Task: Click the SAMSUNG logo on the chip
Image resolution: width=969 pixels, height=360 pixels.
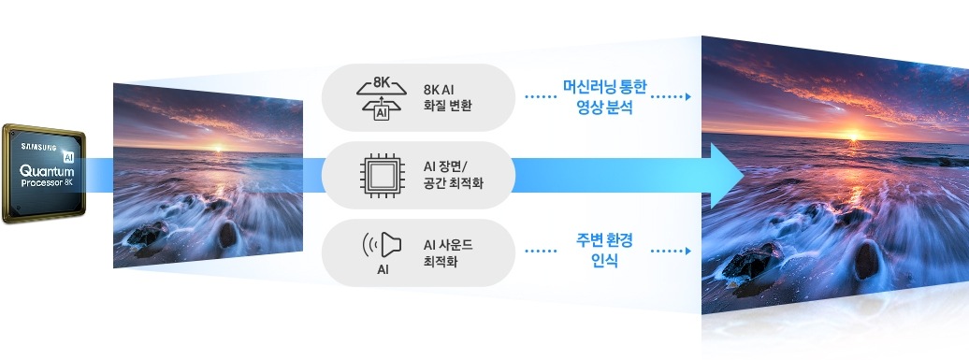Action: coord(39,147)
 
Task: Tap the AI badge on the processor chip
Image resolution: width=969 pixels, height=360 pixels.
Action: coord(68,157)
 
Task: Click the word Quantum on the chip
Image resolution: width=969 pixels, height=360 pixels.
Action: coord(47,170)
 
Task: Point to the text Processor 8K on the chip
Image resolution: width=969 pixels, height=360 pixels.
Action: coord(47,183)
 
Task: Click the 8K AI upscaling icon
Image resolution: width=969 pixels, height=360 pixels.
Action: coord(382,98)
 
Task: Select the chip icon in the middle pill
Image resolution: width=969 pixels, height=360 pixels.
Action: coord(382,176)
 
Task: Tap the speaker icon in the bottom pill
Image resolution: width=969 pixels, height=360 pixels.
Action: coord(382,245)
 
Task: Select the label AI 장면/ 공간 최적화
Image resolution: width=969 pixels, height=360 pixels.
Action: coord(453,175)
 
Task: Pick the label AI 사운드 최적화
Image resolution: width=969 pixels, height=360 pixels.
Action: coord(448,252)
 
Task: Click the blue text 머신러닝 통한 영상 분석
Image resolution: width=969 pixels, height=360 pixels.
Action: coord(604,97)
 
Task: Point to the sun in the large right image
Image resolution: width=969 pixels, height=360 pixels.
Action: coord(853,136)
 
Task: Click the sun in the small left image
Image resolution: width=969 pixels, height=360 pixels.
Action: coord(217,148)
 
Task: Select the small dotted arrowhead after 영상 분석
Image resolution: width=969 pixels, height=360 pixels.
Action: coord(687,97)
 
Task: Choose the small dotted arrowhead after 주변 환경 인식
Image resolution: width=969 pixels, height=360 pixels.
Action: coord(687,252)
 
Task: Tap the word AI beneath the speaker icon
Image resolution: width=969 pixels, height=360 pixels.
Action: coord(383,270)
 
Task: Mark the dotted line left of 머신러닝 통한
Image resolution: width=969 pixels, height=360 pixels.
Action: coord(540,97)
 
